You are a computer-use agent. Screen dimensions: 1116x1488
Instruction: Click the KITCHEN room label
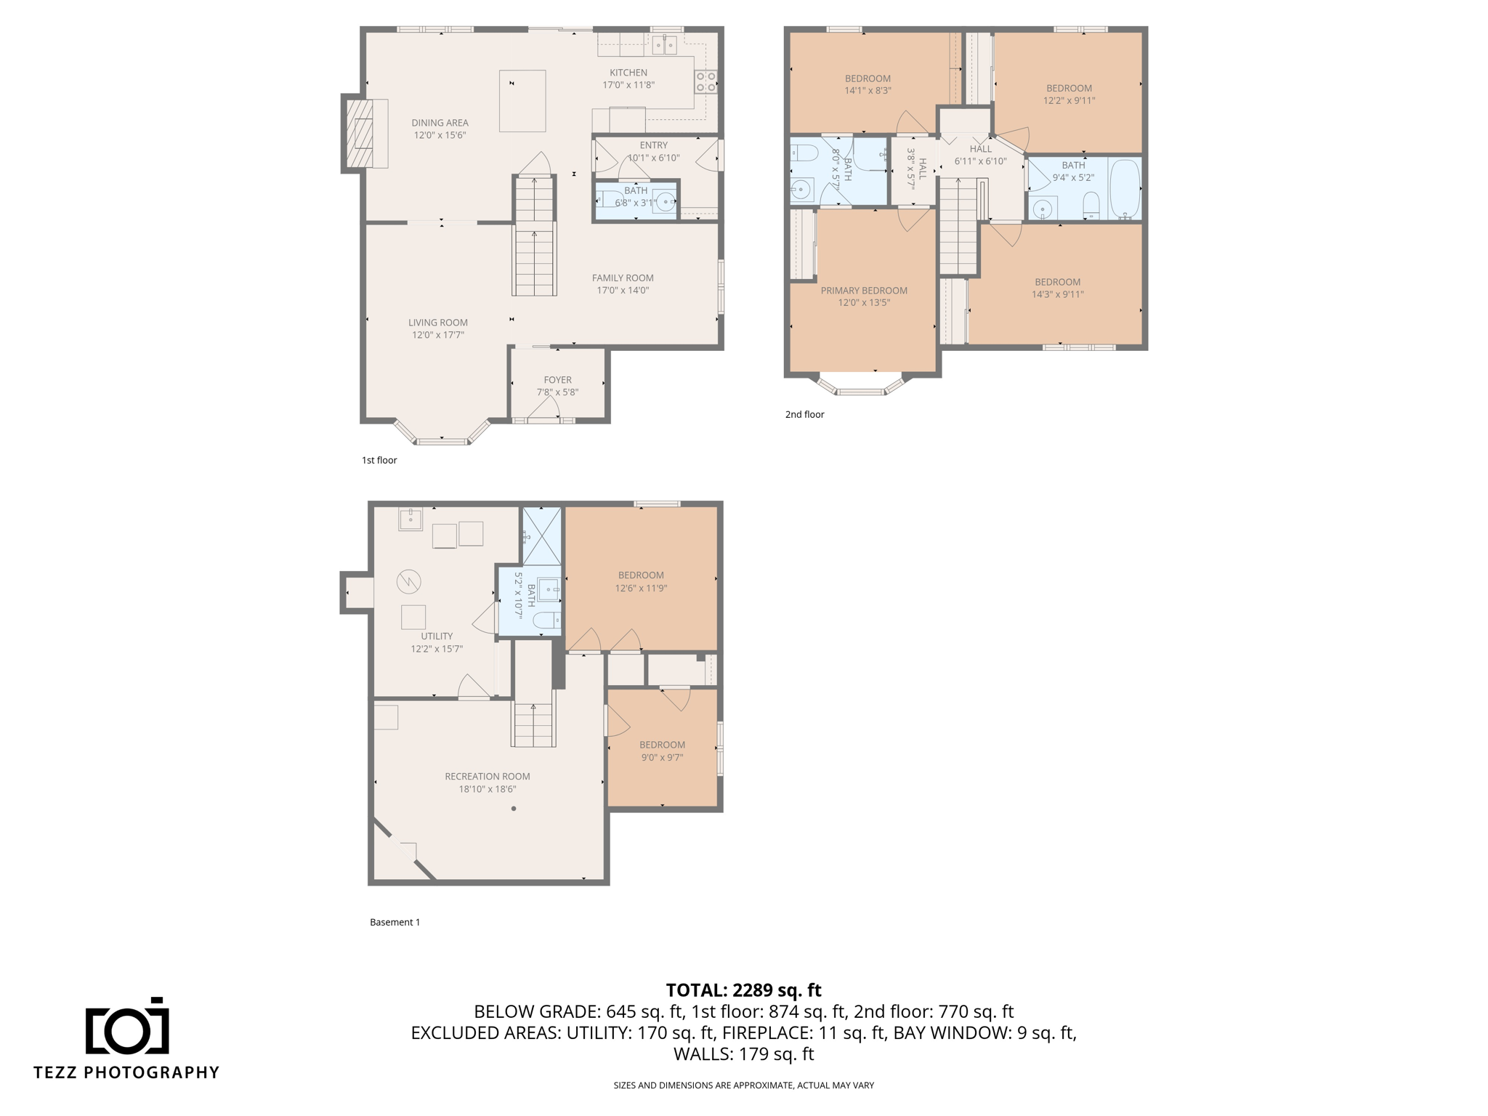[628, 73]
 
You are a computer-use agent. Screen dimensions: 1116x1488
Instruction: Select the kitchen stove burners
[705, 81]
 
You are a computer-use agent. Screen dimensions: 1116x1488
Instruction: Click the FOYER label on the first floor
[557, 380]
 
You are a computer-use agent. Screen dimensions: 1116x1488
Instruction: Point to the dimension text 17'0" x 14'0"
[623, 291]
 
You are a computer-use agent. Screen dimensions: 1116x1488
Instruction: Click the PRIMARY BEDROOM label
[864, 291]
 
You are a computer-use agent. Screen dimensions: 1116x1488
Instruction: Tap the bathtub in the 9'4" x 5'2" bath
[1125, 189]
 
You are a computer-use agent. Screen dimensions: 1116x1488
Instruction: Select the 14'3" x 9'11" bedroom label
[1057, 288]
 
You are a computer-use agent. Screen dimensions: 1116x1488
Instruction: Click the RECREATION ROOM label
[488, 777]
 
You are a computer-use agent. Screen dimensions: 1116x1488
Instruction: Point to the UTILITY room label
[437, 636]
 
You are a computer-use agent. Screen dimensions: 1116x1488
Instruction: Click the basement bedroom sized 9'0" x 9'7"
[662, 751]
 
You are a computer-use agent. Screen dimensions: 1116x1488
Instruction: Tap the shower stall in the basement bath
[542, 536]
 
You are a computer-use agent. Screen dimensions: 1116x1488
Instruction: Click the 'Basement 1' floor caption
[395, 922]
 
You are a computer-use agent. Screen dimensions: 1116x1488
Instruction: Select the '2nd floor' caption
[804, 415]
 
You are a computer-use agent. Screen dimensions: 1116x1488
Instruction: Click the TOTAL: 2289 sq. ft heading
[743, 990]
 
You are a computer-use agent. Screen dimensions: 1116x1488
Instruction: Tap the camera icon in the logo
[127, 1026]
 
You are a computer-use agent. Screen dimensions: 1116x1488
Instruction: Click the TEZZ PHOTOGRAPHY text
[126, 1072]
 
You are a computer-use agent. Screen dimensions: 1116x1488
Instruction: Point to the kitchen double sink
[664, 45]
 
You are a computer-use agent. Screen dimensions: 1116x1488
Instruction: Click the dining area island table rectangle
[522, 101]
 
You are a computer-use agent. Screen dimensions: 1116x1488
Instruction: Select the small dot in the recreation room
[514, 809]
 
